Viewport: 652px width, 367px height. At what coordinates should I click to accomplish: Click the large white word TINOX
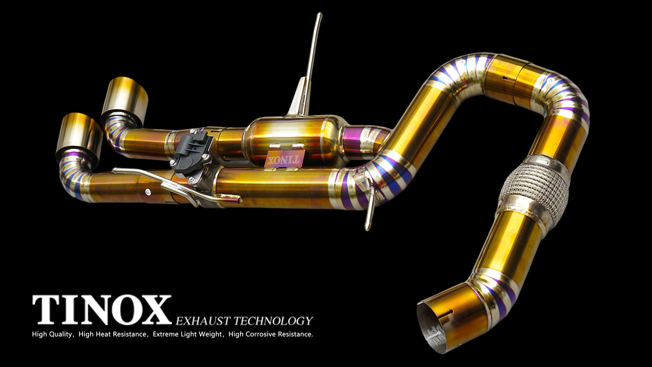(102, 310)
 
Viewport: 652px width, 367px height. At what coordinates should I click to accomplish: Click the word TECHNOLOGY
(273, 321)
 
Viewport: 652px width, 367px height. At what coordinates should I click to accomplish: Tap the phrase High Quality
(52, 334)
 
